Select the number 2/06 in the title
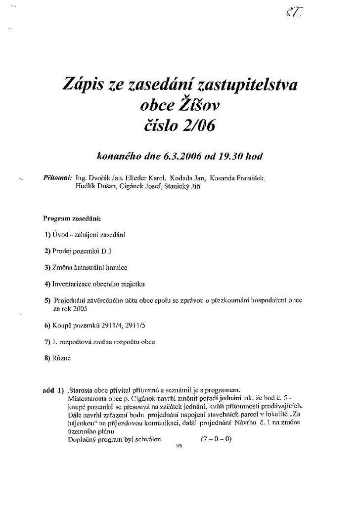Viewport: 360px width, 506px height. [197, 126]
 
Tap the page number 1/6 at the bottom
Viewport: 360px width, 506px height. [179, 446]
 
